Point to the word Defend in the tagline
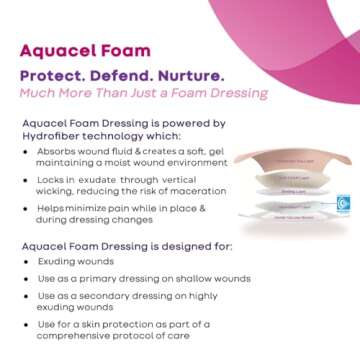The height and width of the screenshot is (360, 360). click(x=127, y=77)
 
